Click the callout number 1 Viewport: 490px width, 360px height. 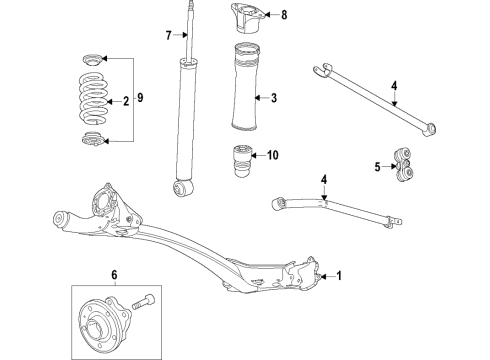[x=338, y=276]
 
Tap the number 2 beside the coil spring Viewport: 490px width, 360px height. [x=126, y=101]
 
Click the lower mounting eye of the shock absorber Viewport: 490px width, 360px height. [x=185, y=187]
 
